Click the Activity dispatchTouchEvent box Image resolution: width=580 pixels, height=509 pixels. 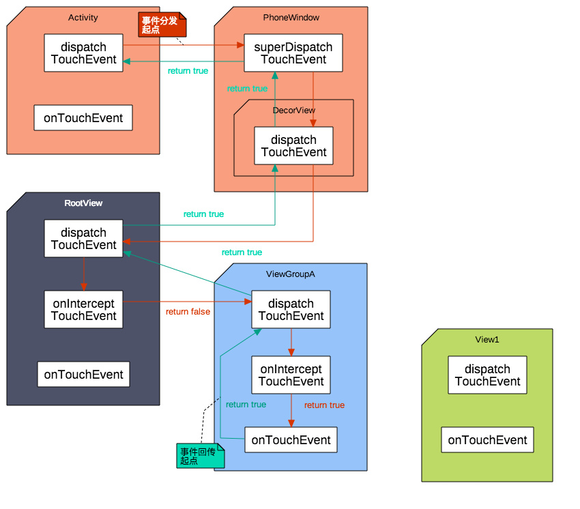[83, 53]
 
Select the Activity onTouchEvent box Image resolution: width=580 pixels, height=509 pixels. [83, 117]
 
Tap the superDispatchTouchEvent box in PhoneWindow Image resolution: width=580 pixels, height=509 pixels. [293, 53]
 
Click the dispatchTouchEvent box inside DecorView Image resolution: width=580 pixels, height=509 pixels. [293, 146]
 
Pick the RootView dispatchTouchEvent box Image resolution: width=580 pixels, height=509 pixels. [84, 239]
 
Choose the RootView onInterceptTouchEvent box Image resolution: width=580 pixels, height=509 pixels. [84, 310]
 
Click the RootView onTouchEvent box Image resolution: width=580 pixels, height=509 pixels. [84, 375]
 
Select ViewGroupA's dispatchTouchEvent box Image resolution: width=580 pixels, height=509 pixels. [291, 310]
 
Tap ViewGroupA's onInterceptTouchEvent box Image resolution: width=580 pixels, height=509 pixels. [291, 375]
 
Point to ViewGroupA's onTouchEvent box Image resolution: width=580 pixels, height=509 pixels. [291, 440]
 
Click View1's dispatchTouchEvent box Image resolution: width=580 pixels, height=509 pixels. [487, 375]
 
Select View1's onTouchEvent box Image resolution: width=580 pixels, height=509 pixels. [487, 440]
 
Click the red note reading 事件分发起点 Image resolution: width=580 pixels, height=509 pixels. [162, 25]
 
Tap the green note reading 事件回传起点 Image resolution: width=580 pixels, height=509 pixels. [201, 456]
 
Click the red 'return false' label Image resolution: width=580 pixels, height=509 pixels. [188, 312]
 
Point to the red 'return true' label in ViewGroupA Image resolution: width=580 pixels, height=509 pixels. [324, 405]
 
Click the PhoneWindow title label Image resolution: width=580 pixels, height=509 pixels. [291, 17]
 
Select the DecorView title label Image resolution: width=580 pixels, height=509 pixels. [294, 111]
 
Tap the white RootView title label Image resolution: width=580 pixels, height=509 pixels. [83, 203]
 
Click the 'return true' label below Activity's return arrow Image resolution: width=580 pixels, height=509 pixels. [188, 71]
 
